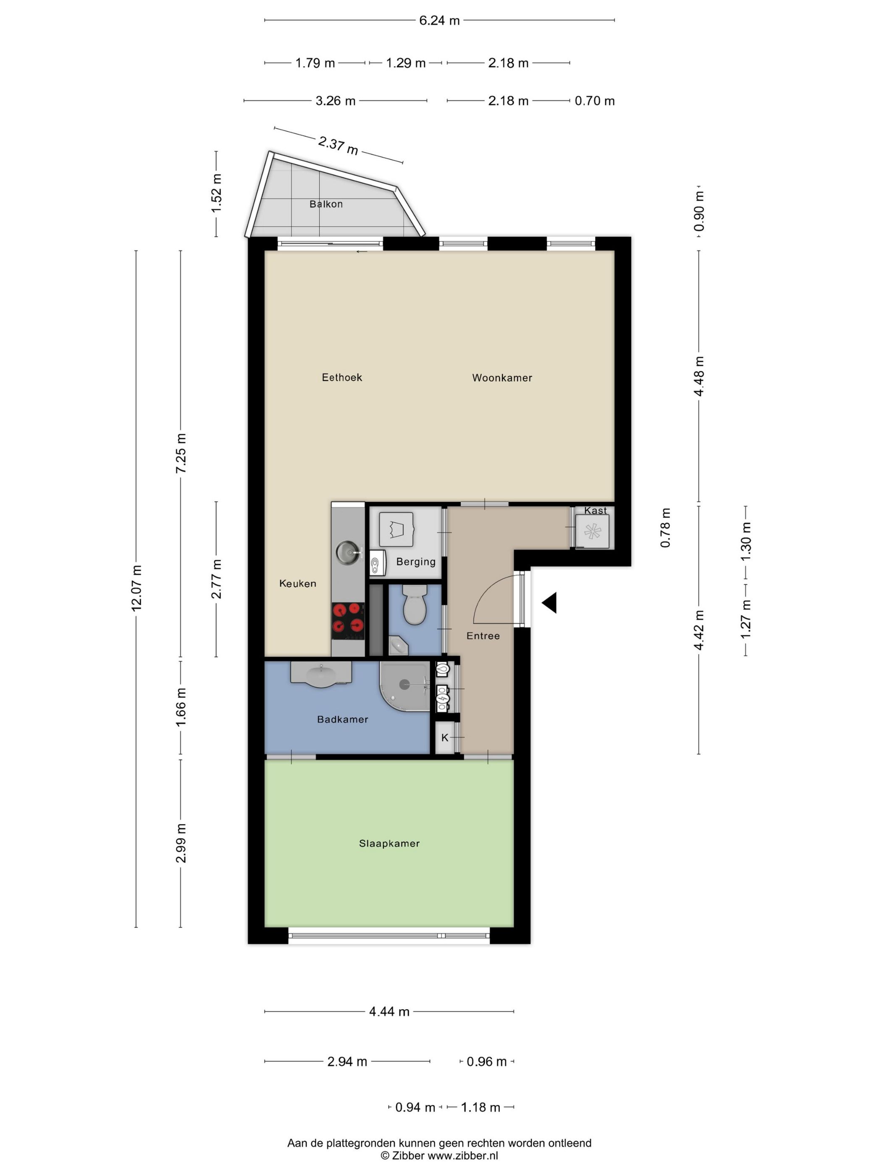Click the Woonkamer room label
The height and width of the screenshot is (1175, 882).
[x=502, y=378]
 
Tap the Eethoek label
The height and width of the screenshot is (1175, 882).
[x=342, y=377]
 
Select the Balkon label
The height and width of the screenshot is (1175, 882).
[x=326, y=204]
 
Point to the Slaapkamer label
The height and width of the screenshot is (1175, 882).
[x=389, y=843]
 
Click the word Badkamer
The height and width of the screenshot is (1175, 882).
[x=342, y=719]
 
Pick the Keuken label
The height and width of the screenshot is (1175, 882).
[x=298, y=583]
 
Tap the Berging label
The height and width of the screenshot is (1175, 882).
[x=416, y=562]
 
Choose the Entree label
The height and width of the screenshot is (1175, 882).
[x=483, y=636]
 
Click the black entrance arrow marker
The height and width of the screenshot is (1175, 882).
[x=549, y=603]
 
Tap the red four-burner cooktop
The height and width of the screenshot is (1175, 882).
[x=348, y=621]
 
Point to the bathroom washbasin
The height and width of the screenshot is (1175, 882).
[x=321, y=674]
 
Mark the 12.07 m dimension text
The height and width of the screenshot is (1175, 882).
[x=136, y=588]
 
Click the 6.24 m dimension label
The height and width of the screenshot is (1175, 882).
[x=439, y=21]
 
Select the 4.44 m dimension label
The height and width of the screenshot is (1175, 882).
[x=389, y=1011]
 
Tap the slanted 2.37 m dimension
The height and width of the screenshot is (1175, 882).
[x=338, y=145]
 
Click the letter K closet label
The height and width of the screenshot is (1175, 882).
[x=445, y=737]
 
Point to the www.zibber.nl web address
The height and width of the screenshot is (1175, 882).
[x=463, y=1155]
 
